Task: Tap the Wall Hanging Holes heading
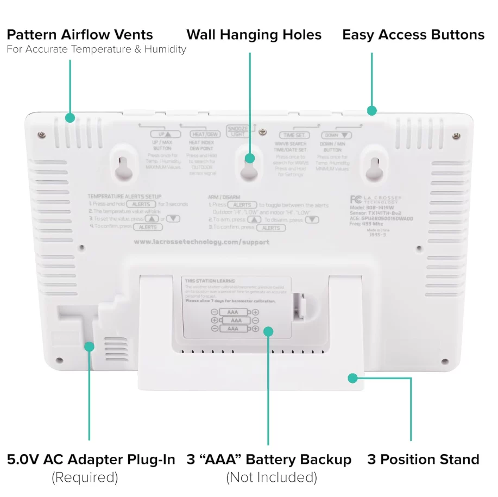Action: coord(254,35)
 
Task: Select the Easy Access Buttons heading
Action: coord(413,35)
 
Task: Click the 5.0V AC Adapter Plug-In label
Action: coord(91,460)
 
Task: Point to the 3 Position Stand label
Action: coord(423,460)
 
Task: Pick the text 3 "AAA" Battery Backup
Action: coord(269,460)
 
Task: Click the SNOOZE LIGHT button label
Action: coord(237,131)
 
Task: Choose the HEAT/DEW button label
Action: coord(205,134)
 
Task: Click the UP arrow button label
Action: coord(161,134)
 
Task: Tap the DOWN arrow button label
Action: coord(336,135)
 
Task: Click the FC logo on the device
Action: coord(356,199)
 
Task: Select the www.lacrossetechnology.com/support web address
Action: coord(201,242)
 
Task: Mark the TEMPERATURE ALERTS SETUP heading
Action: coord(124,196)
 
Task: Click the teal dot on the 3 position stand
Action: coord(353,378)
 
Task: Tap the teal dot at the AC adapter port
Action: coord(89,346)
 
